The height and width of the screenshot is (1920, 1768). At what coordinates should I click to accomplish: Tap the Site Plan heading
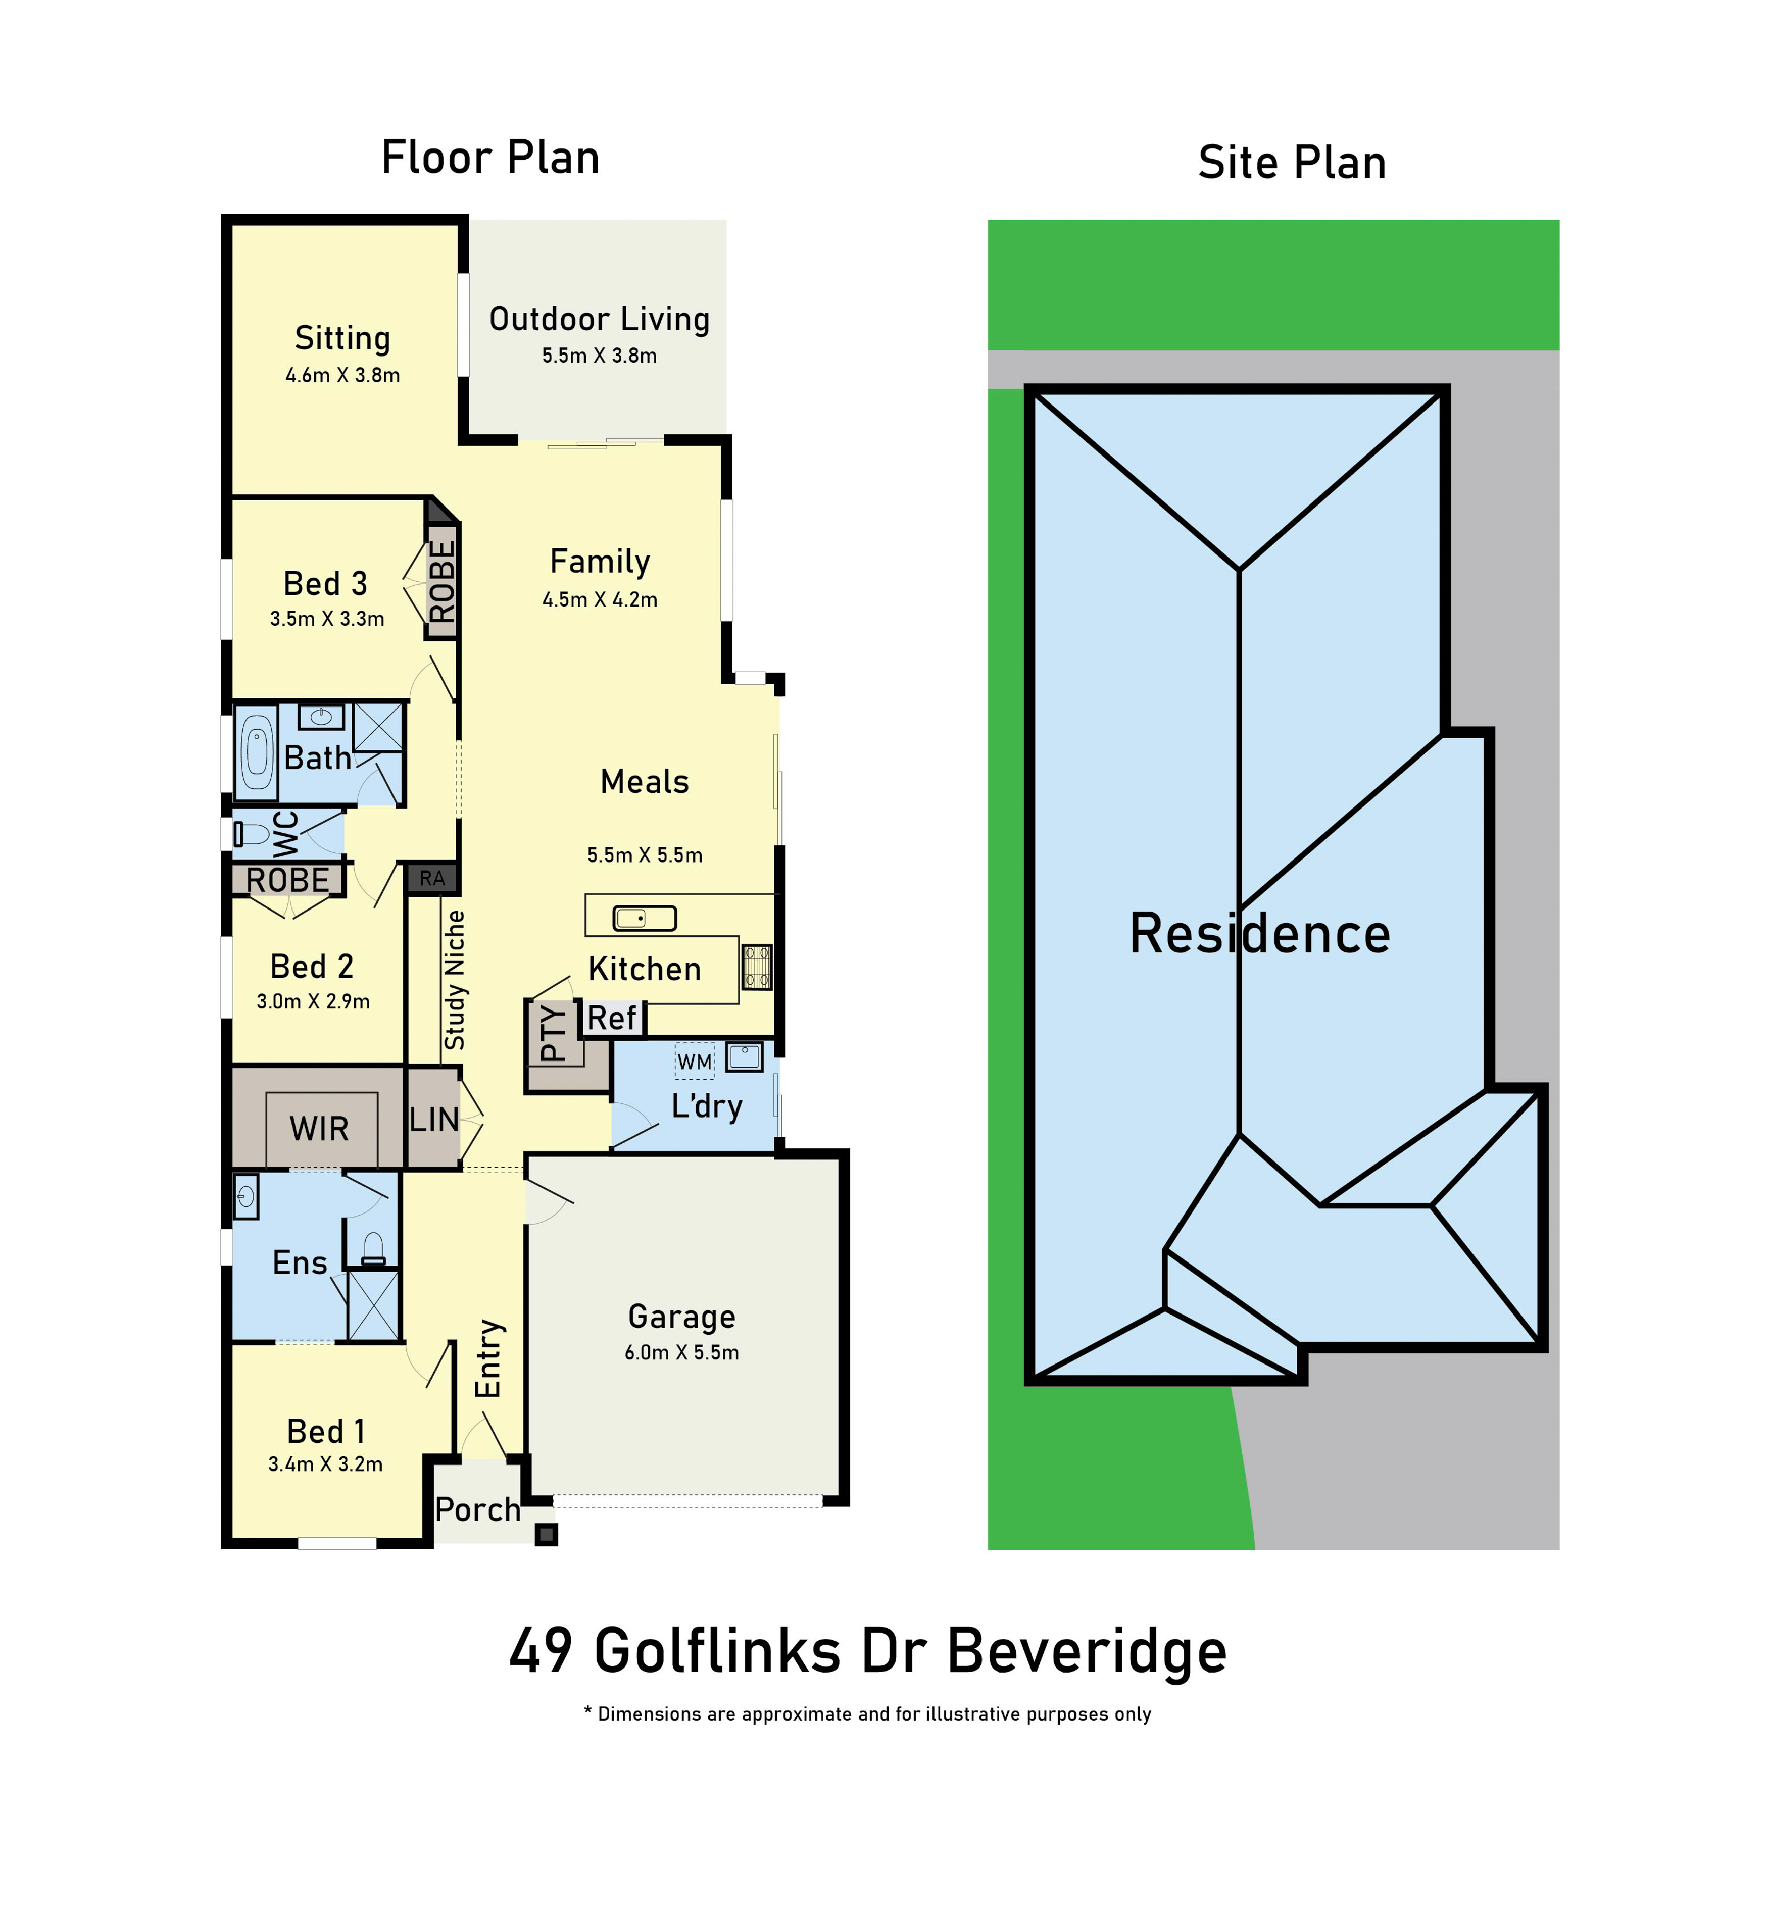(1292, 163)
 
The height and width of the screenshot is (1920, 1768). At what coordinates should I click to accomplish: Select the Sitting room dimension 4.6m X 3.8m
(342, 376)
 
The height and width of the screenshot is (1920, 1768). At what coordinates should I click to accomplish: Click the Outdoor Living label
(599, 320)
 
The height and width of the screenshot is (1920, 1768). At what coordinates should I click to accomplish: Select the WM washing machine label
(695, 1062)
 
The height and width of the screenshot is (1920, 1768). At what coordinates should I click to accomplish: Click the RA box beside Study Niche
(432, 878)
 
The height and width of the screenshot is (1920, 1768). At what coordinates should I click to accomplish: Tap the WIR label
(320, 1129)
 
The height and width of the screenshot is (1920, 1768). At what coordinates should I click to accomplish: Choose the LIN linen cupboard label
(433, 1119)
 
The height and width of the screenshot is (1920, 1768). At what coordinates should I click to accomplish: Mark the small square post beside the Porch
(546, 1535)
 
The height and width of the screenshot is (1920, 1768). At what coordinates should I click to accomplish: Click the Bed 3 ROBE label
(442, 582)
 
